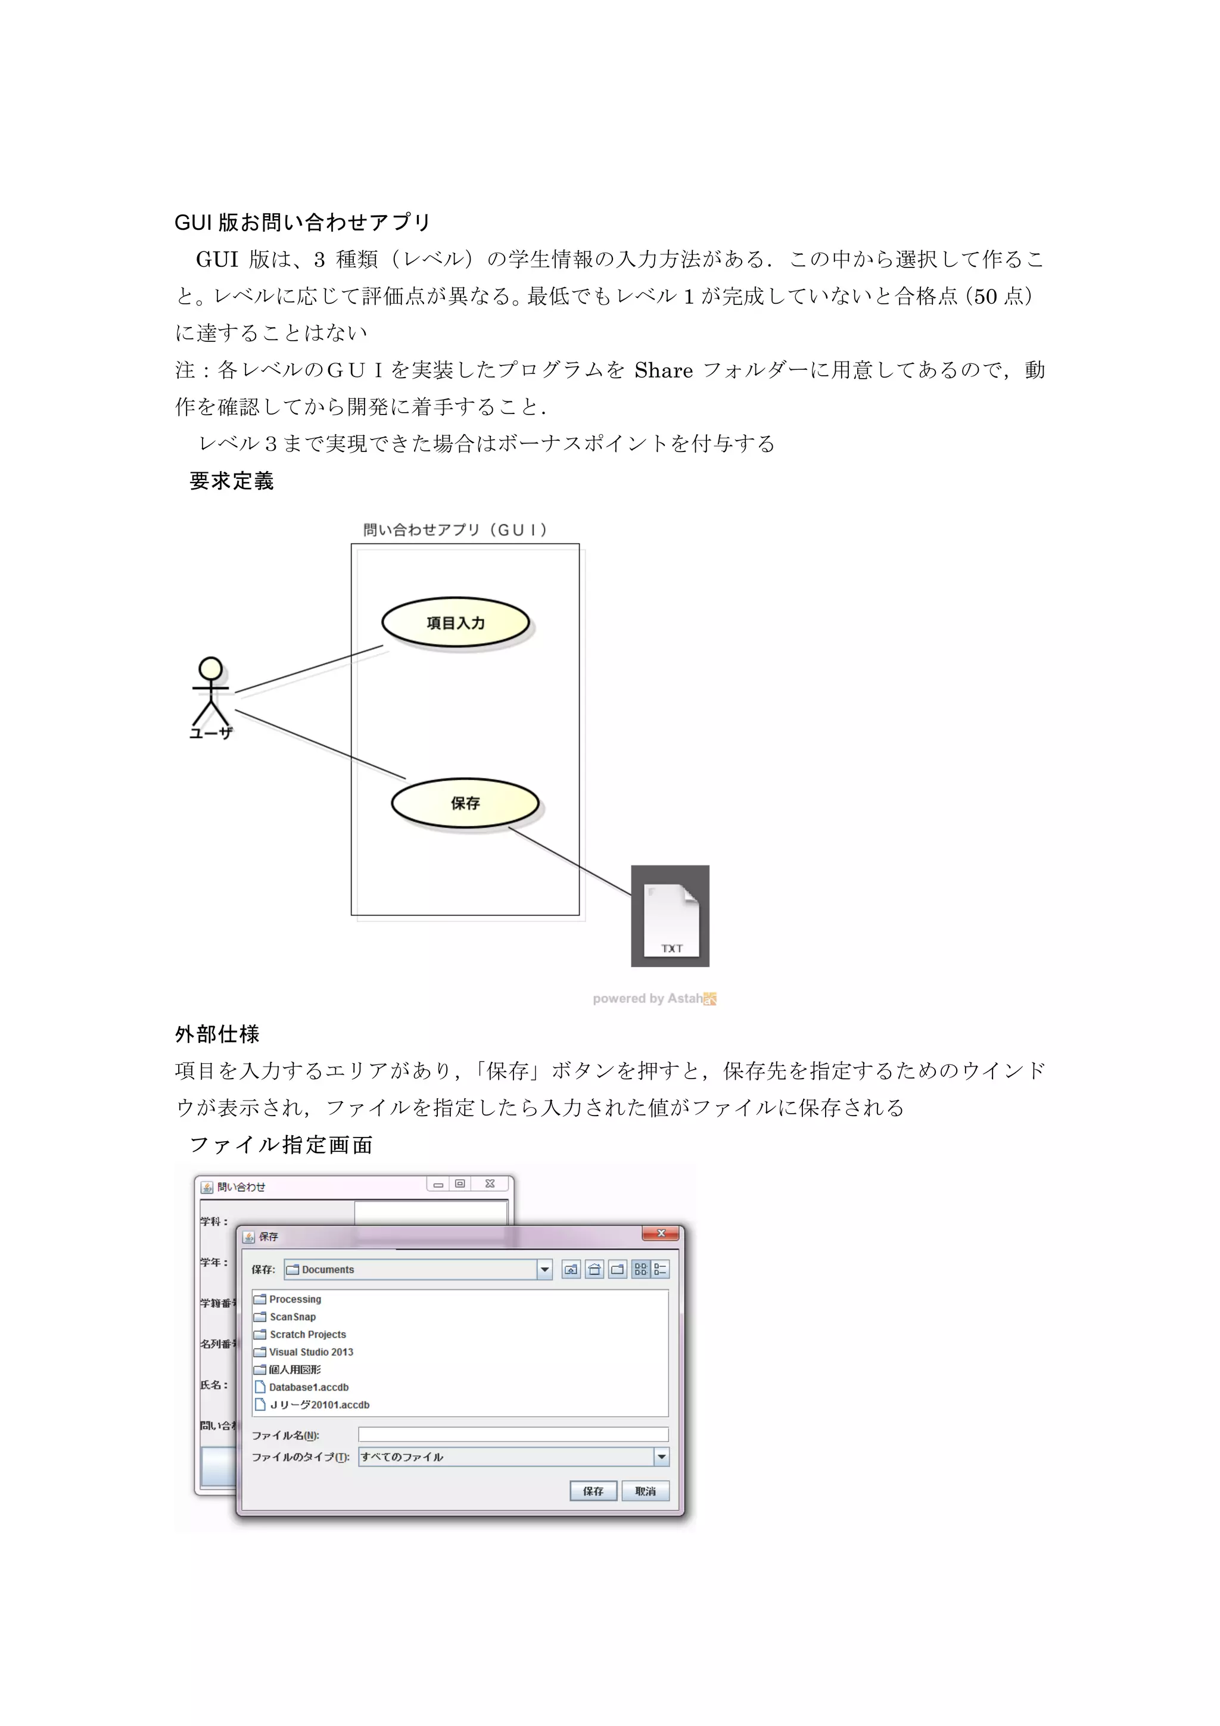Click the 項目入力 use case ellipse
(x=456, y=622)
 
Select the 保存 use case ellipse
(x=465, y=803)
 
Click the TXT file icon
(x=670, y=915)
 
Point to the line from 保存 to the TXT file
(x=569, y=861)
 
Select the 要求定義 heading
(x=232, y=481)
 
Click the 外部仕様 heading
(x=217, y=1035)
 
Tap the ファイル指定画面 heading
(x=281, y=1145)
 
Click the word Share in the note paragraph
(x=663, y=370)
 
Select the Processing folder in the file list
(x=295, y=1299)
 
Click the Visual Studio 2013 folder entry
(x=310, y=1351)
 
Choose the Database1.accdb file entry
(x=308, y=1387)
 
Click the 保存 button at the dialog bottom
(x=593, y=1491)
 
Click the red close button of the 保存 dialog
(x=661, y=1233)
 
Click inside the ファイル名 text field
(x=513, y=1434)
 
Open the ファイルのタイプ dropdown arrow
(x=661, y=1457)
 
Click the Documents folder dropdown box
(x=418, y=1270)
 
